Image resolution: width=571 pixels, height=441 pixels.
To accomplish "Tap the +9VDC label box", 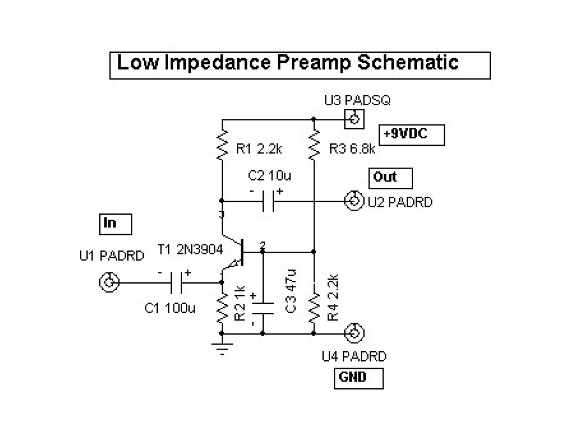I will click(x=412, y=135).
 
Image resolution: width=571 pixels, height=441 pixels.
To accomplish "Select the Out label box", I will click(x=390, y=178).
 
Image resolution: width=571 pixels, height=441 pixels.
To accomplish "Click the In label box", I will click(x=115, y=224).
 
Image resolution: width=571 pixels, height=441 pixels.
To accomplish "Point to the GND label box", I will click(x=358, y=378).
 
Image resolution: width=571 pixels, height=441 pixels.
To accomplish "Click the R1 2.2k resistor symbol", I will click(x=222, y=144).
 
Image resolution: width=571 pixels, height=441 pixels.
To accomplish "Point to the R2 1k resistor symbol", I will click(x=222, y=308).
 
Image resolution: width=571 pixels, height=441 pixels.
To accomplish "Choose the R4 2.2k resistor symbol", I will click(x=314, y=308).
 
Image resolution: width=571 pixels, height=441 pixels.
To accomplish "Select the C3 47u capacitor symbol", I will click(x=263, y=308).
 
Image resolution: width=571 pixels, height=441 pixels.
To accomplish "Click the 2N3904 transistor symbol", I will click(x=237, y=253).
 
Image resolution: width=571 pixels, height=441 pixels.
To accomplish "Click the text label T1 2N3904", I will click(x=191, y=251).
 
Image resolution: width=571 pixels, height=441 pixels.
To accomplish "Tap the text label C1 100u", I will click(x=170, y=308).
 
